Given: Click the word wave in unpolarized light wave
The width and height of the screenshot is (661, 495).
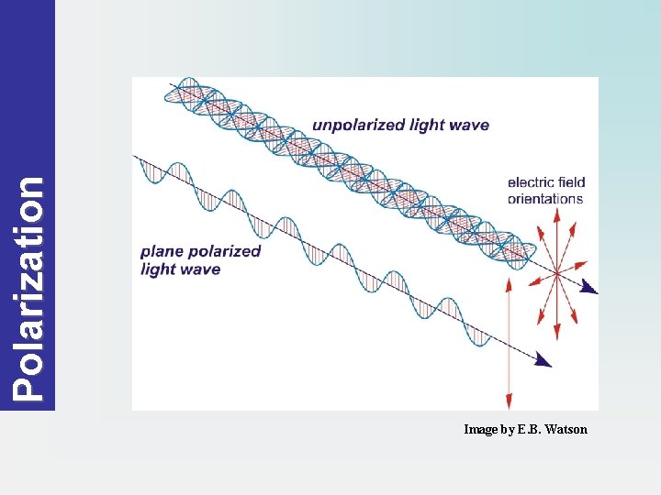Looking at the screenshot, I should [467, 126].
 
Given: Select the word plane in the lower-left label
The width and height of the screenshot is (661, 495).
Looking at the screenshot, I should [162, 251].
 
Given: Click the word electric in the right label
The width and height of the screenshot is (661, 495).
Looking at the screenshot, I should [530, 182].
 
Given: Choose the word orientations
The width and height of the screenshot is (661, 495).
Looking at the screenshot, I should [545, 198].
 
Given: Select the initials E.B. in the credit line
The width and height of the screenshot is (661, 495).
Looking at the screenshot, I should [528, 429].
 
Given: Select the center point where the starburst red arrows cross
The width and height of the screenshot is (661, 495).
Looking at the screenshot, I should [556, 273].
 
